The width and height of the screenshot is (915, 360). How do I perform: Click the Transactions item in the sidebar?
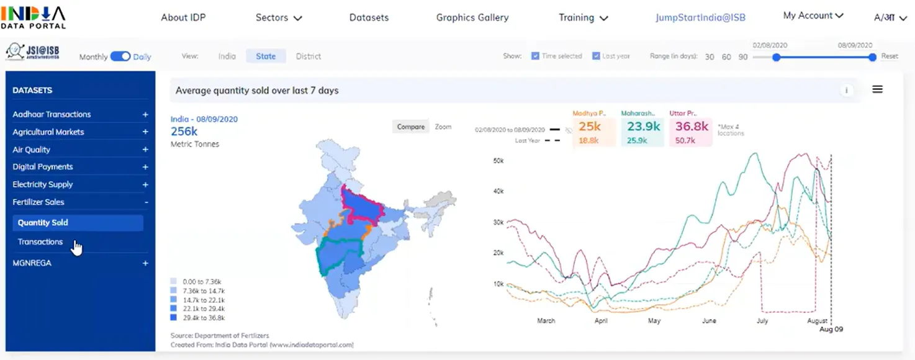coord(40,242)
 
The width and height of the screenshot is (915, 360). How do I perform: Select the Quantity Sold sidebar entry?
coord(43,223)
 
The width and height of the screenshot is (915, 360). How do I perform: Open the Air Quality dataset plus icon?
coord(145,150)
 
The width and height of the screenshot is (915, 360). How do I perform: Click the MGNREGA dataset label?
coord(32,263)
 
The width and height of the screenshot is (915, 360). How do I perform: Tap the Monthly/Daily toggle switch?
coord(120,56)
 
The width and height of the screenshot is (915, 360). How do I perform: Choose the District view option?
coord(309,56)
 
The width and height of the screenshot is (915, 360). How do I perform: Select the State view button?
coord(266,56)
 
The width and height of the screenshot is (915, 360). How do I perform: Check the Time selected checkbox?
coord(535,56)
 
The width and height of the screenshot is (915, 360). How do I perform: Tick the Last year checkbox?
coord(596,56)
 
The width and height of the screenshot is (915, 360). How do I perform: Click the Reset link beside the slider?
coord(890,56)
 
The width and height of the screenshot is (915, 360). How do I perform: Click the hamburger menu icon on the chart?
coord(877,89)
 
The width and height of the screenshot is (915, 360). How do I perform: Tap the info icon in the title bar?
coord(846,91)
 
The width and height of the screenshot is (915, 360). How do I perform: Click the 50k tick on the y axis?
coord(498,161)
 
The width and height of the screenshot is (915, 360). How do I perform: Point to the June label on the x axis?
coord(709,321)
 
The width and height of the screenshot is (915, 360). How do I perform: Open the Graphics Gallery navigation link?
coord(472,17)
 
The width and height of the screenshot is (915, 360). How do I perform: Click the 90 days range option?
coord(743,56)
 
